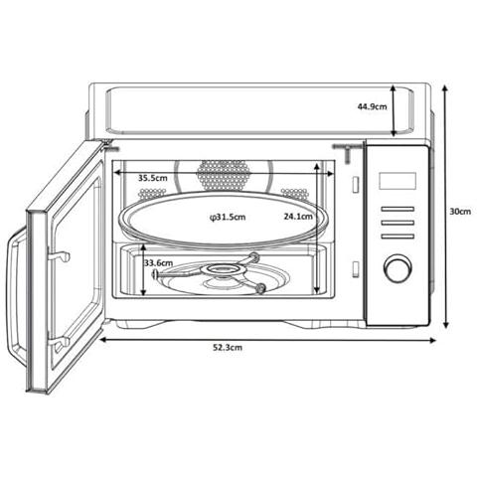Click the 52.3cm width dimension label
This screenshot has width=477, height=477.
pyautogui.click(x=228, y=347)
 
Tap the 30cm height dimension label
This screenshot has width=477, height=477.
pyautogui.click(x=460, y=211)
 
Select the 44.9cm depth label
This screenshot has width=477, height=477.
pyautogui.click(x=372, y=106)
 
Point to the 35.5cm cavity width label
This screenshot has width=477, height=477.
pyautogui.click(x=153, y=178)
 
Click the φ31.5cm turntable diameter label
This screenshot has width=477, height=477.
pyautogui.click(x=228, y=217)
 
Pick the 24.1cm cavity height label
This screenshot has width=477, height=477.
pyautogui.click(x=298, y=217)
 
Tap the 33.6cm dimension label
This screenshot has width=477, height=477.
pyautogui.click(x=158, y=263)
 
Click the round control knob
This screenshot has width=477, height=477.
pyautogui.click(x=397, y=268)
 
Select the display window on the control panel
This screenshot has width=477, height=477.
pyautogui.click(x=397, y=181)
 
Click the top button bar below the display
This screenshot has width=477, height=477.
pyautogui.click(x=397, y=209)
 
